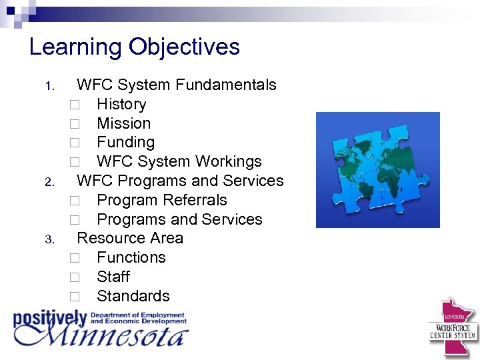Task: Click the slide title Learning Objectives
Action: (134, 47)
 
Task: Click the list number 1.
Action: (49, 86)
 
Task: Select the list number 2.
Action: (49, 182)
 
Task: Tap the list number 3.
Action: (49, 239)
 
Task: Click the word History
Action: (121, 104)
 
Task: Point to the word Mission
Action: (123, 123)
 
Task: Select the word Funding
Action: (125, 142)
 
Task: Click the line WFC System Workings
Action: (179, 161)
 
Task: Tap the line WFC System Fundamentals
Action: (176, 85)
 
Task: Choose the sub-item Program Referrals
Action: (161, 200)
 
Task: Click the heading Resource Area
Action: (129, 238)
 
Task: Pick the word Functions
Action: (131, 257)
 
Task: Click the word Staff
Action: (113, 277)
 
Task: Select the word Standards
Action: (133, 296)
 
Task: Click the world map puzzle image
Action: (377, 169)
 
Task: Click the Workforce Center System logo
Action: (453, 327)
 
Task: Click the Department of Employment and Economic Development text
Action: (139, 318)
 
